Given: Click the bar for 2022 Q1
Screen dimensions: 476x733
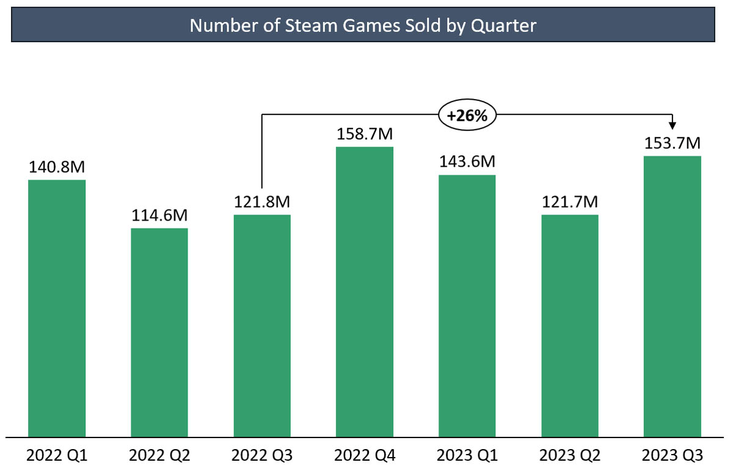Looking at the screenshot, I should point(57,309).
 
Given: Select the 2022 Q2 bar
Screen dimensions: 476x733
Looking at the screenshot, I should point(159,333).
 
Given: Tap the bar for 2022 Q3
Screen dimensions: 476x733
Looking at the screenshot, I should point(262,326).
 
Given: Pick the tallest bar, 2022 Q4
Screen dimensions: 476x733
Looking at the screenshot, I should point(365,292).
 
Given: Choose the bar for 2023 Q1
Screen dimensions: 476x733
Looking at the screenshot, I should point(467,306).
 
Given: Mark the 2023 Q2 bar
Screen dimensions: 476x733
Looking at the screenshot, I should point(570,326).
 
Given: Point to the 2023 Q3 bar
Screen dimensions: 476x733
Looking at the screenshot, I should point(673,296).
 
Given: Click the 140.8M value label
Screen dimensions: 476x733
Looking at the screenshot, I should point(57,167).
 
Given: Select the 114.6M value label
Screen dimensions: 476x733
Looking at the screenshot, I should point(159,216).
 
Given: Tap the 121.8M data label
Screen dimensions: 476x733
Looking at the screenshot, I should point(262,202).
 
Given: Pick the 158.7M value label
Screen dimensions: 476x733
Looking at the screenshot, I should point(365,134).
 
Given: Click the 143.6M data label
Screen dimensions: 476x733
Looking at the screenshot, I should point(467,162).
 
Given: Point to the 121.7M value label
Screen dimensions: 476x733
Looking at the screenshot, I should point(570,202).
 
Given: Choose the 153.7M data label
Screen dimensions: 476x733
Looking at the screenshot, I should point(673,143).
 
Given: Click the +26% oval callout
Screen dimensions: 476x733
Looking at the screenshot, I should point(467,114).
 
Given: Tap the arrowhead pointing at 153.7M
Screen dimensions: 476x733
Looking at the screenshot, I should point(673,125).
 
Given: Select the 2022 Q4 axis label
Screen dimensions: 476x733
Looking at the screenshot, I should point(365,456).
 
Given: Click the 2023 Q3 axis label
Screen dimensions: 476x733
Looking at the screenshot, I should point(673,456).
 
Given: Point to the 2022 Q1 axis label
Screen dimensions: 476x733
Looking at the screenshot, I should point(57,456).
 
